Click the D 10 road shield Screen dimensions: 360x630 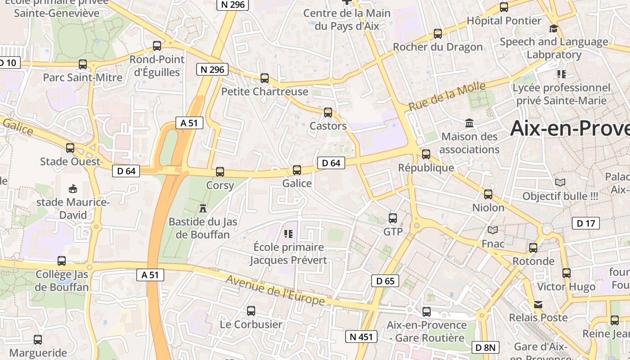coord(8,63)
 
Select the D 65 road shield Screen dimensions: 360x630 coord(385,281)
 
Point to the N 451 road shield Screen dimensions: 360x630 coord(361,337)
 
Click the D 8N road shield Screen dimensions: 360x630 coord(486,347)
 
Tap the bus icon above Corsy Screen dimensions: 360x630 coord(220,171)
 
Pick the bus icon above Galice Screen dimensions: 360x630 coord(297,170)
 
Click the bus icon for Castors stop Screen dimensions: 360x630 coord(328,112)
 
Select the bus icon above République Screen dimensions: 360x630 coord(426,154)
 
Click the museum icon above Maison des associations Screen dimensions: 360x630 coord(469,123)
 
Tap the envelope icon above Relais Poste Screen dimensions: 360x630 coord(538,305)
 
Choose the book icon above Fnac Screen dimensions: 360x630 coord(493,230)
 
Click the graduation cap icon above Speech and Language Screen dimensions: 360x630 coord(553,28)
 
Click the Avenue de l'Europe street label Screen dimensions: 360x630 coord(275,290)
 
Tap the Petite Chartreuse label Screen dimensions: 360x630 coord(265,92)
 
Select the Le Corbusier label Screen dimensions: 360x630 coord(251,324)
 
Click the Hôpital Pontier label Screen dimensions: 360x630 coord(504,21)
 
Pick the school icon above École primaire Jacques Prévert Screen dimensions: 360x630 coord(288,234)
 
